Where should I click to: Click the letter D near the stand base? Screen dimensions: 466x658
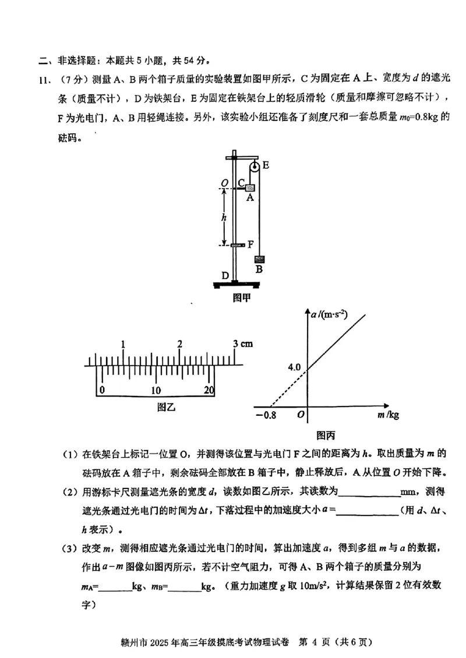click(x=225, y=274)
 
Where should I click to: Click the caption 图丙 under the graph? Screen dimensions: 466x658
click(x=326, y=434)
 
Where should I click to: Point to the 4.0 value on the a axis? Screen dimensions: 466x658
click(x=294, y=368)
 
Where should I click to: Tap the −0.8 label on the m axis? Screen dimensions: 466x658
click(x=265, y=416)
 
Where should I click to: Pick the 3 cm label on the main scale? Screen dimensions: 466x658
click(x=242, y=344)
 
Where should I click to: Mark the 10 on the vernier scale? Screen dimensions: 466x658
click(x=156, y=390)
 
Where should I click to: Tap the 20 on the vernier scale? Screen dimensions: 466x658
click(x=209, y=390)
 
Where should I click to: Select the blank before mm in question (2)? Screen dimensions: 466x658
click(x=369, y=493)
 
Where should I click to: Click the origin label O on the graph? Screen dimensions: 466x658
click(x=301, y=415)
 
